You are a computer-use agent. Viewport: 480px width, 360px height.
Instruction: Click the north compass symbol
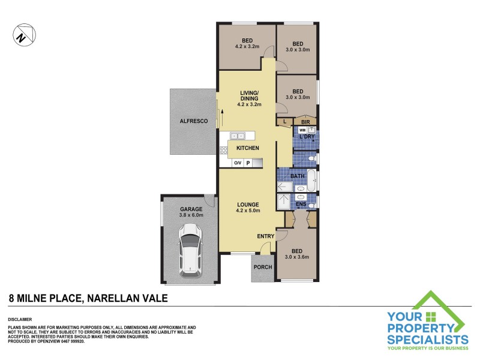click(x=22, y=35)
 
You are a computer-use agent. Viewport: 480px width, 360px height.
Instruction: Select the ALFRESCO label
click(x=193, y=121)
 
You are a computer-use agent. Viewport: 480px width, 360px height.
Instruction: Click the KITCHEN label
click(x=247, y=148)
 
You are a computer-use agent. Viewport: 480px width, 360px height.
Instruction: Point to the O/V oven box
click(x=238, y=163)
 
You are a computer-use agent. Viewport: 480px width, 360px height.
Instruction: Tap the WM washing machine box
click(x=303, y=130)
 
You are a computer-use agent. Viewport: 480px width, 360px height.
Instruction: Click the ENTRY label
click(x=265, y=236)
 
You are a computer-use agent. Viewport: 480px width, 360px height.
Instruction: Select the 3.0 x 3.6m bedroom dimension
click(x=298, y=257)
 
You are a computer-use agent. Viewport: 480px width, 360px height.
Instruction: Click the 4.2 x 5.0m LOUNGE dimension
click(x=247, y=211)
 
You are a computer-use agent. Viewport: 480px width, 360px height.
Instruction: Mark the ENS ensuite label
click(x=301, y=205)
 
